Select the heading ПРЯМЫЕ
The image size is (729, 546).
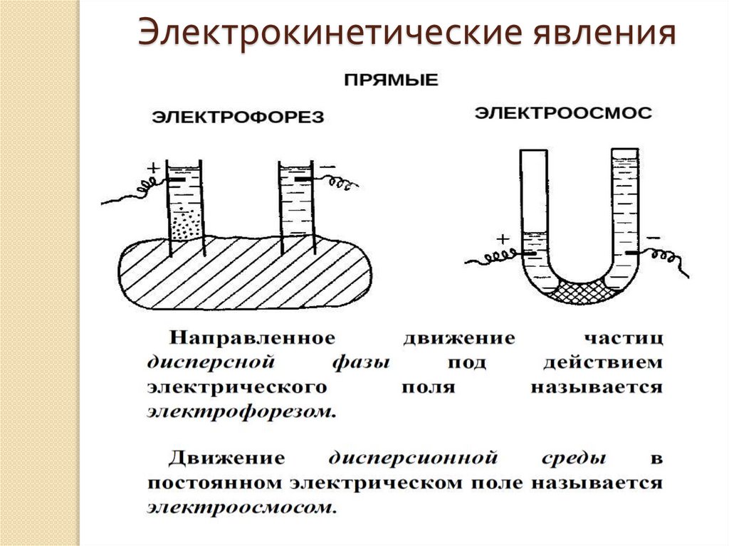pos(392,80)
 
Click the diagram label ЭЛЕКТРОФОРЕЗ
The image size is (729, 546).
pos(236,117)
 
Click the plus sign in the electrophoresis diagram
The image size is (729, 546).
pos(152,169)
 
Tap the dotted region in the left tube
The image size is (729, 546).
pos(186,226)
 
